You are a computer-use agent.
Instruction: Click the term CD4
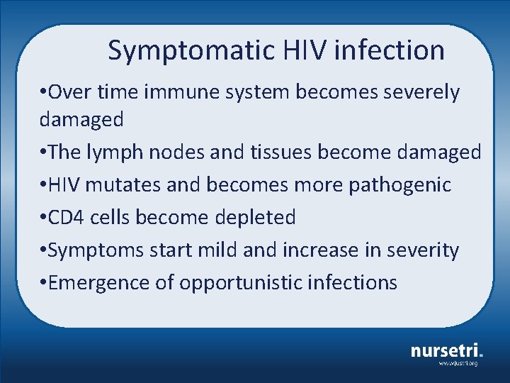point(64,218)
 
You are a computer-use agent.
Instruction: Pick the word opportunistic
point(241,283)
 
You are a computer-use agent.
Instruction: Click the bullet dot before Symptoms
point(43,250)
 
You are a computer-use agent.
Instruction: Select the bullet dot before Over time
point(43,92)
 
